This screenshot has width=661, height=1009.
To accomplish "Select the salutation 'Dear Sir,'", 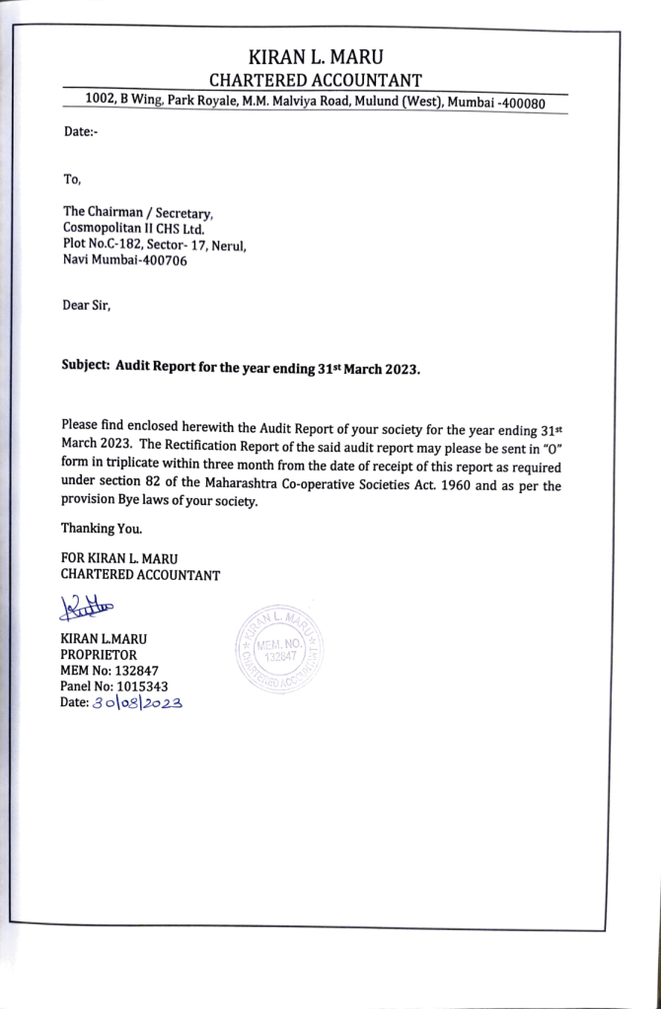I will (x=87, y=307).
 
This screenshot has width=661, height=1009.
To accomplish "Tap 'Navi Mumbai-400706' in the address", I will (x=124, y=261).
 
